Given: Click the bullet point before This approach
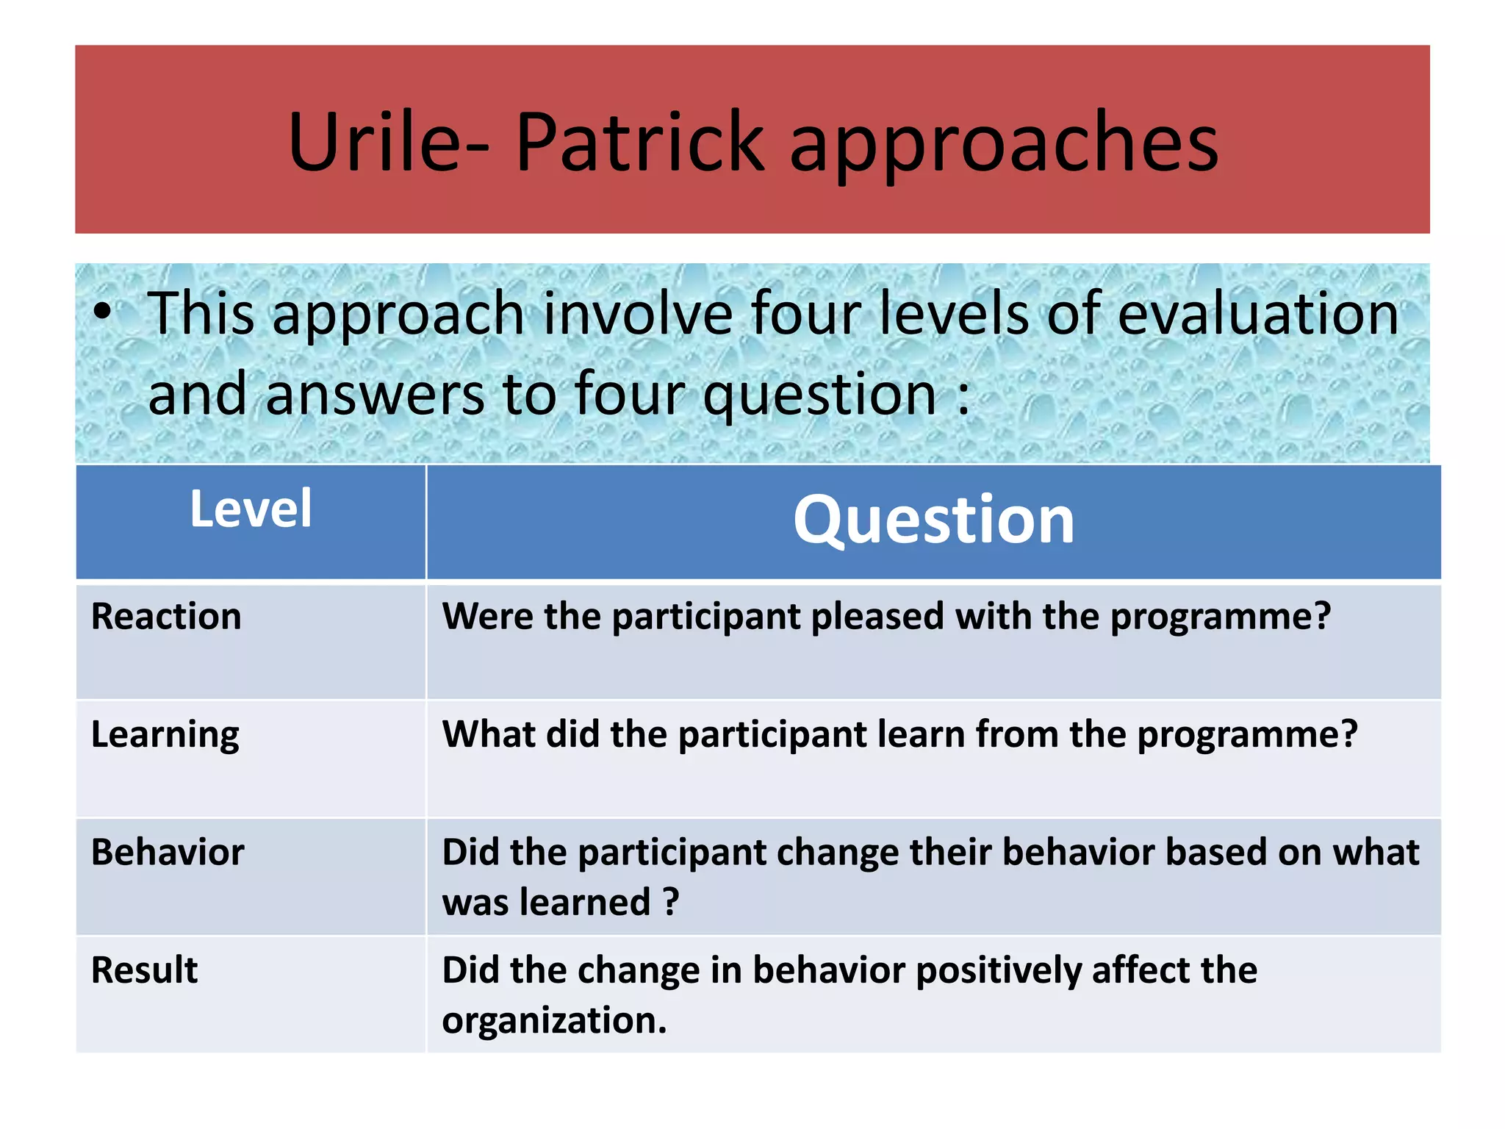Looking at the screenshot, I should (103, 313).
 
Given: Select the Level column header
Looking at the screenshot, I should (251, 509).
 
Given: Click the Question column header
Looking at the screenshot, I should (933, 520).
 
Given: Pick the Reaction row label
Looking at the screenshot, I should (166, 616).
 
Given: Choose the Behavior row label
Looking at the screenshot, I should (168, 853).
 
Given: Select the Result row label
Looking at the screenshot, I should (144, 970).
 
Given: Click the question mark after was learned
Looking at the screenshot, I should (670, 902).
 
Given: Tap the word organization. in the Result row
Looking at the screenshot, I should (554, 1020).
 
